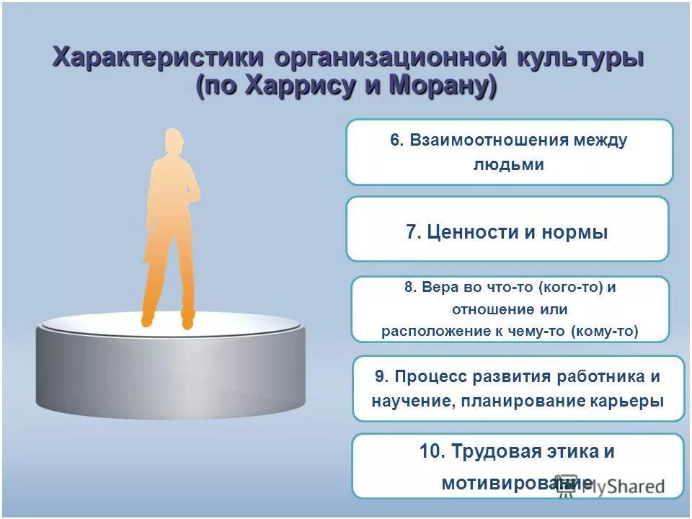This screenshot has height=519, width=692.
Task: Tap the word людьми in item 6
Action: point(508,164)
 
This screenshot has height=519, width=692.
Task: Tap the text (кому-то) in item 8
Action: point(604,332)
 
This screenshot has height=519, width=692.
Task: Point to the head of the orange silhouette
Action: point(172,141)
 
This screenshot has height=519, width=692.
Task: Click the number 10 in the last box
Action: point(432,452)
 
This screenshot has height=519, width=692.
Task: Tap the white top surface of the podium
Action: point(170,324)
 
